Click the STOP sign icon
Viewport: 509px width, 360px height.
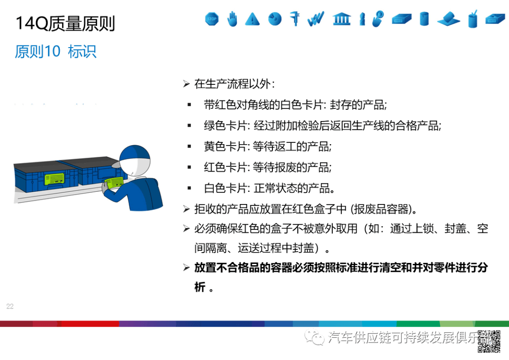[x=212, y=19]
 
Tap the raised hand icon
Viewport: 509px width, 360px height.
[x=232, y=19]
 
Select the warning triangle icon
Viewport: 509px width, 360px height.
[x=253, y=19]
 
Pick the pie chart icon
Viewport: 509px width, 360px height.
[x=275, y=19]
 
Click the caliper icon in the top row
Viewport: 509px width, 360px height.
[x=295, y=18]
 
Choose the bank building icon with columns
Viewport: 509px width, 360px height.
[x=341, y=19]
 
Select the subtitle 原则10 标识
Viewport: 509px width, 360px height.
[x=56, y=51]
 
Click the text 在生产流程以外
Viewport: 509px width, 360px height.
[x=231, y=84]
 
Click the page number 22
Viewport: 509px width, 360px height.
[x=10, y=307]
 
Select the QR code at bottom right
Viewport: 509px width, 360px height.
[x=489, y=342]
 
